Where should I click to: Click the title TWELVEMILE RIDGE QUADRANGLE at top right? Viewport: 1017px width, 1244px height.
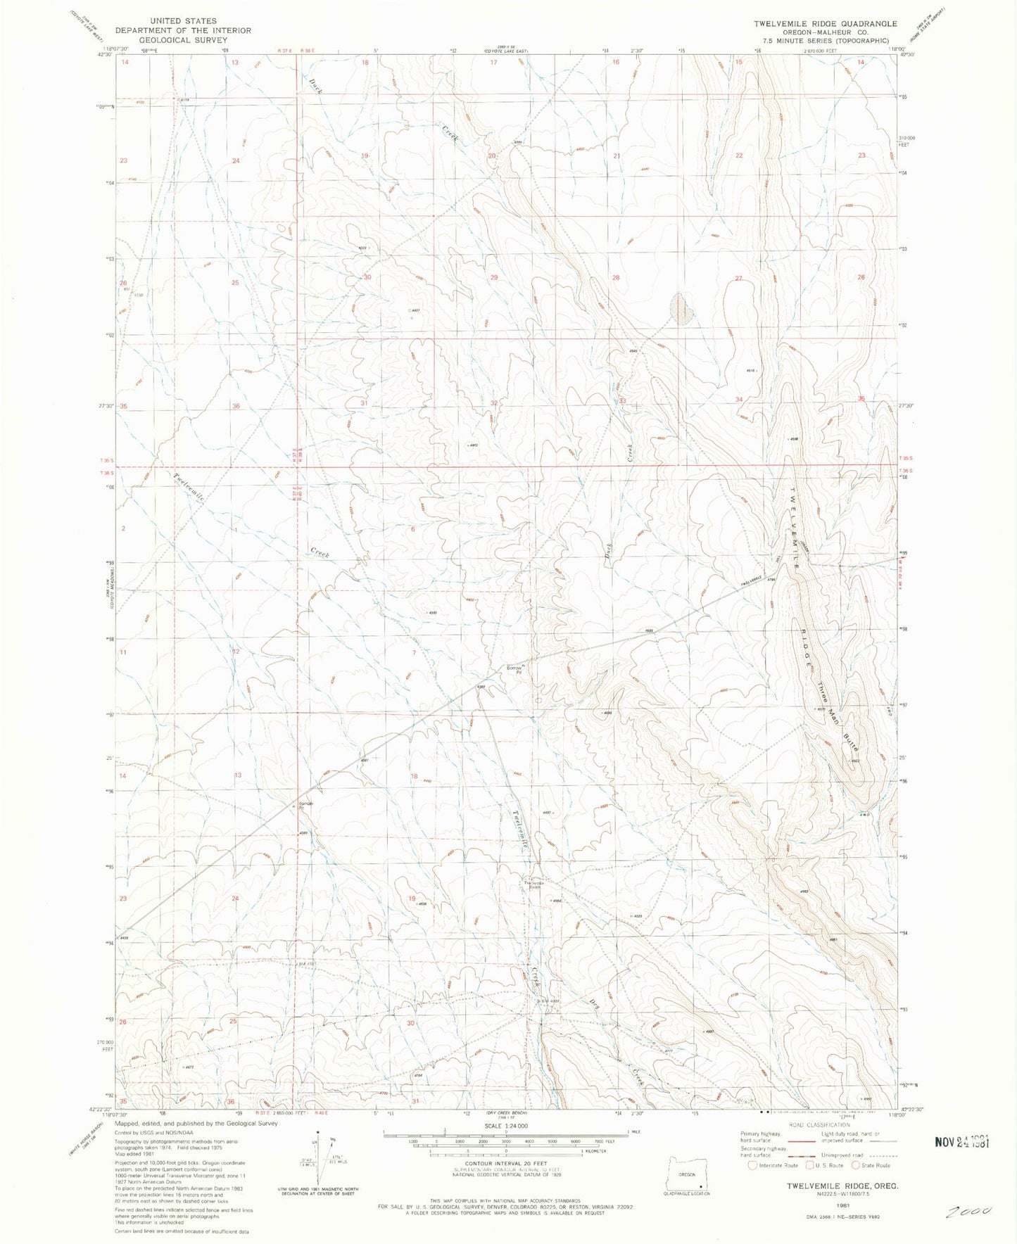click(825, 23)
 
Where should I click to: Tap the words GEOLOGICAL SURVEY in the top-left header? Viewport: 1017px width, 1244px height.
click(183, 40)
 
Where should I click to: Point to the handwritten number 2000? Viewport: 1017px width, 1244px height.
click(970, 1212)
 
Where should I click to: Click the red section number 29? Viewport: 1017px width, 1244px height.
click(494, 277)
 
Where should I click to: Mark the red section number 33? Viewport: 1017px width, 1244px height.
click(622, 401)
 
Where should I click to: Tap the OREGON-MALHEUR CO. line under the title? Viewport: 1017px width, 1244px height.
click(825, 32)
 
